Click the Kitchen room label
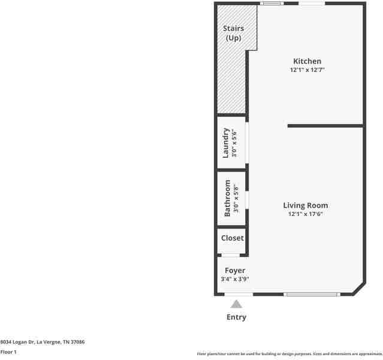tap(307, 61)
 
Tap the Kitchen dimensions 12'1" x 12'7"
tap(307, 70)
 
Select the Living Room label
tap(305, 205)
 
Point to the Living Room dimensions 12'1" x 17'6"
tap(305, 214)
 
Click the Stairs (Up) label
tap(233, 33)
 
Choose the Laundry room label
tap(226, 143)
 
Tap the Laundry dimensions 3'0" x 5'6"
tap(234, 143)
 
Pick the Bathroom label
tap(227, 198)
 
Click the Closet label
tap(232, 238)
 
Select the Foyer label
tap(235, 271)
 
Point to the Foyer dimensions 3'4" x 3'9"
tap(235, 279)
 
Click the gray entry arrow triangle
tap(237, 304)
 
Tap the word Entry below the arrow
tap(236, 317)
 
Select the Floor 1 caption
tap(8, 352)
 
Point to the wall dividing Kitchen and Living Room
tap(325, 126)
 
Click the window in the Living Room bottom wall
tap(312, 294)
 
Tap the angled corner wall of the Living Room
tap(358, 289)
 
